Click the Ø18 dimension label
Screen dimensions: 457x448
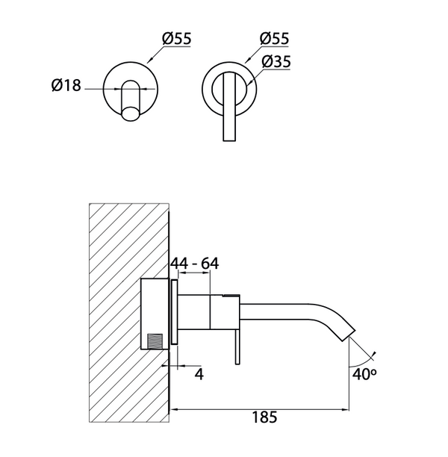(66, 87)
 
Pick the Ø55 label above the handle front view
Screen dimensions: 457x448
(276, 38)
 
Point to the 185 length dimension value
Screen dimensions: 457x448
(264, 418)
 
